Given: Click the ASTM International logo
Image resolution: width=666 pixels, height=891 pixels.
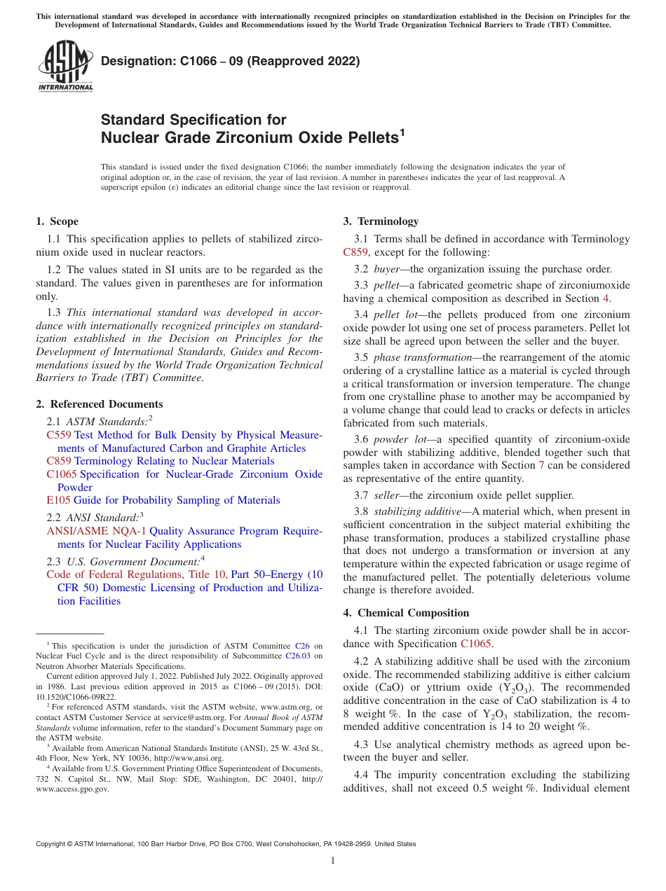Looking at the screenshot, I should (65, 67).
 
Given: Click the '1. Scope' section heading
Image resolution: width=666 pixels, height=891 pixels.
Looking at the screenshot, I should (57, 221).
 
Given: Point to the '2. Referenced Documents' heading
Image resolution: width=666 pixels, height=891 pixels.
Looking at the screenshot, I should (99, 404).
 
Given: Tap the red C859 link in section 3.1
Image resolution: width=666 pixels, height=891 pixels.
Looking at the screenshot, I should (356, 252).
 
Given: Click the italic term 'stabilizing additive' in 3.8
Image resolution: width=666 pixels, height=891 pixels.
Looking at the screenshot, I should (418, 511).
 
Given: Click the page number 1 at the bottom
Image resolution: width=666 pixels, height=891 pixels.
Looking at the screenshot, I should (333, 860).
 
